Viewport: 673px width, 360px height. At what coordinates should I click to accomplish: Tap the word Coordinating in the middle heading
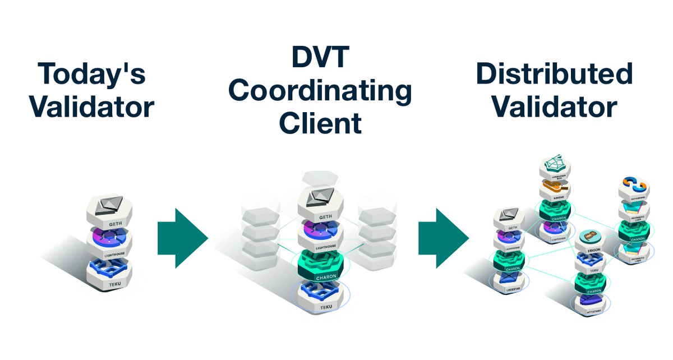tap(320, 91)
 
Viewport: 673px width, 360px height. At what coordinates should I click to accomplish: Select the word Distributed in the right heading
tap(554, 74)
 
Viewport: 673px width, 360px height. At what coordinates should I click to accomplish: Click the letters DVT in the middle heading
tap(320, 58)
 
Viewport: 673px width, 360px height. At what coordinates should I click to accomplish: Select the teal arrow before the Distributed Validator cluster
tap(444, 238)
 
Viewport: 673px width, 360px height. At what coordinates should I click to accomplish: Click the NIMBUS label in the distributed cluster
tap(554, 199)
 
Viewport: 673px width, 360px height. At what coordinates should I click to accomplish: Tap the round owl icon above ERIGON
tap(589, 235)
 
